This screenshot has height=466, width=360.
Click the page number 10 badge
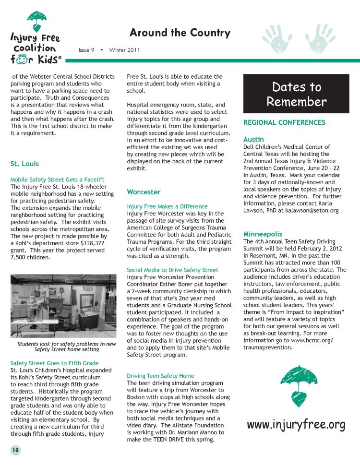16,451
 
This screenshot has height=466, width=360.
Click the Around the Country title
180,33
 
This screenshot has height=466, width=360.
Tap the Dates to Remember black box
296,94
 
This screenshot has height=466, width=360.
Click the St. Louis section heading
24,164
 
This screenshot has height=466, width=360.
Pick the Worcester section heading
144,192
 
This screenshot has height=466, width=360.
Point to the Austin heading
253,140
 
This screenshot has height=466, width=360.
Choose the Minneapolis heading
263,234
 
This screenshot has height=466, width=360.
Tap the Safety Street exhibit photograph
63,305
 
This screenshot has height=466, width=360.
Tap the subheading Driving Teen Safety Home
160,376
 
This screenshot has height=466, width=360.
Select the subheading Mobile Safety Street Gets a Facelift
57,179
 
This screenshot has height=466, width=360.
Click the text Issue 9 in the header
86,50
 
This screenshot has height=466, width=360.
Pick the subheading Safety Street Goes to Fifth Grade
54,363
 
